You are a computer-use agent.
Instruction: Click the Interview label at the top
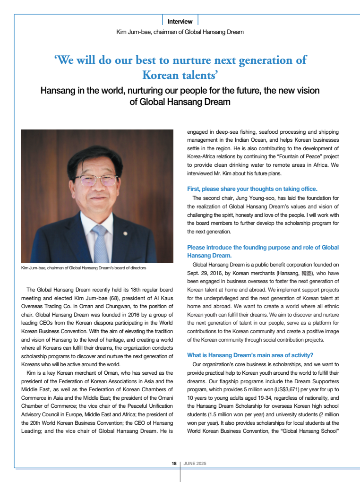click(x=180, y=21)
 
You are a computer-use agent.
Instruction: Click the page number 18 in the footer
click(x=174, y=464)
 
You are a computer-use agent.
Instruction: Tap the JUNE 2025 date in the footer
click(x=194, y=464)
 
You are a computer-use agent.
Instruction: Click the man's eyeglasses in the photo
click(x=96, y=180)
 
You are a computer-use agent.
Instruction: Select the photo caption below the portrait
click(x=84, y=268)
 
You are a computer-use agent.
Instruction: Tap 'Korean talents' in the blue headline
click(x=180, y=75)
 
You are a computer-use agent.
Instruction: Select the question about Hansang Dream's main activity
click(x=250, y=355)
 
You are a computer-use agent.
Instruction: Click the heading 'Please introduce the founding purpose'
click(x=263, y=247)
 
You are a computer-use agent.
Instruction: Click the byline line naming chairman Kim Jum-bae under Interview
click(x=180, y=32)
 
